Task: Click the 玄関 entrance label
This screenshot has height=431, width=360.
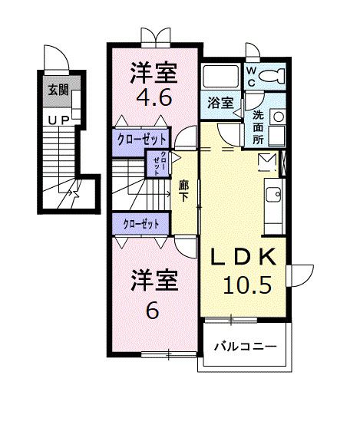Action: pos(58,90)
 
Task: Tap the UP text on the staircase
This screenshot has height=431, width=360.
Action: pos(57,120)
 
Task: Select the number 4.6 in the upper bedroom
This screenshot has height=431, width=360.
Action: pos(154,98)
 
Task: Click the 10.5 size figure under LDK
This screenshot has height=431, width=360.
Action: pos(247,285)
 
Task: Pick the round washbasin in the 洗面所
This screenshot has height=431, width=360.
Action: pos(278,117)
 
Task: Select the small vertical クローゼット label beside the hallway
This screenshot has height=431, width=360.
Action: pos(157,163)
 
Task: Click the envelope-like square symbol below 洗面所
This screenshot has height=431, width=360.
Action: pos(266,161)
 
